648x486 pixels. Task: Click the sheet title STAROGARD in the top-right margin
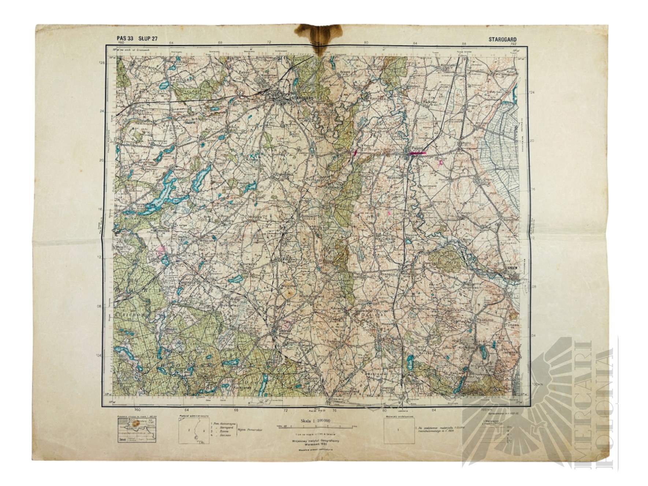[x=502, y=38]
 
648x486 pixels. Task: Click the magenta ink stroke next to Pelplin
[x=417, y=154]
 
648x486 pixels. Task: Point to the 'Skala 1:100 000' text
[x=314, y=421]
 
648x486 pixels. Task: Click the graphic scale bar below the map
[x=314, y=427]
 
